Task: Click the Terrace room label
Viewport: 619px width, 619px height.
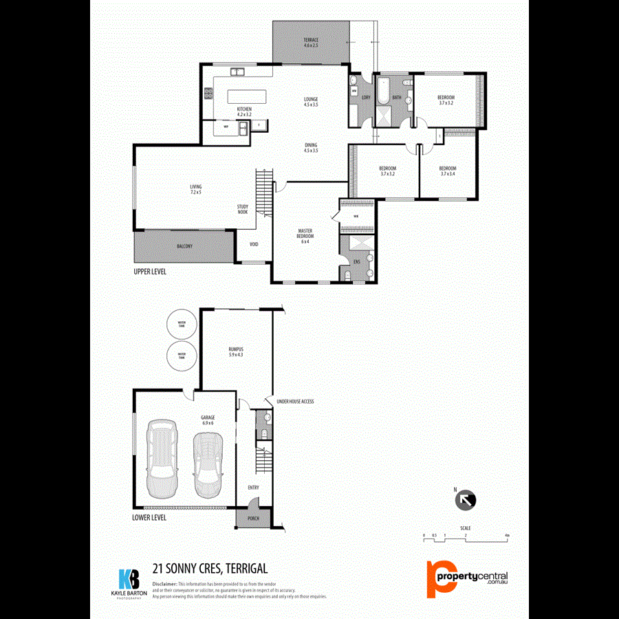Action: tap(311, 43)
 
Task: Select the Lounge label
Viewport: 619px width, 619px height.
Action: tap(311, 102)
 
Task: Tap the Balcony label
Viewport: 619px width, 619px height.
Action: tap(184, 246)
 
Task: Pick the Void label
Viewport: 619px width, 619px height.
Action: tap(254, 244)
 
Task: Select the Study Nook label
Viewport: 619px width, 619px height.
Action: tap(242, 209)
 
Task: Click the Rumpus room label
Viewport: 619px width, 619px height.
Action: tap(236, 351)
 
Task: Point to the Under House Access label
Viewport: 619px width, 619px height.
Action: tap(295, 401)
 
